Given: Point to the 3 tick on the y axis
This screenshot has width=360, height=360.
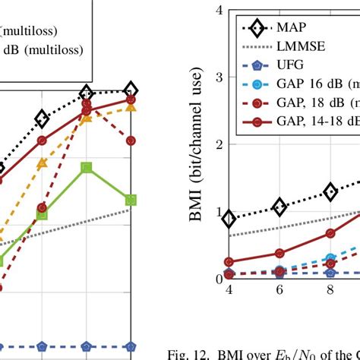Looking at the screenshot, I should click(x=218, y=77).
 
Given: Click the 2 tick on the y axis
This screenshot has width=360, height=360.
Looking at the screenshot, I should click(x=218, y=144).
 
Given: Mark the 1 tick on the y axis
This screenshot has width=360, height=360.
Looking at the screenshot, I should click(x=218, y=212).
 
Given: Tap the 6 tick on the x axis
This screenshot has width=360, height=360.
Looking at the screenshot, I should click(x=279, y=289).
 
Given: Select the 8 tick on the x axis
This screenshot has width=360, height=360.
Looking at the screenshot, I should click(x=330, y=289).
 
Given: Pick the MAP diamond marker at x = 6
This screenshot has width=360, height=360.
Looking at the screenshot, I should click(x=279, y=206).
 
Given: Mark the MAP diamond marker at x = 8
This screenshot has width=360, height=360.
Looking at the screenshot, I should click(x=330, y=191).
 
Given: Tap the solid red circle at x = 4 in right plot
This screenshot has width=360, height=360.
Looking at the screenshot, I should click(x=229, y=261).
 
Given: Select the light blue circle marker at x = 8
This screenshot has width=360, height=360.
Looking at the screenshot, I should click(x=330, y=259).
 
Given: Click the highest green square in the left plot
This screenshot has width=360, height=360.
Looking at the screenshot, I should click(x=87, y=167).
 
